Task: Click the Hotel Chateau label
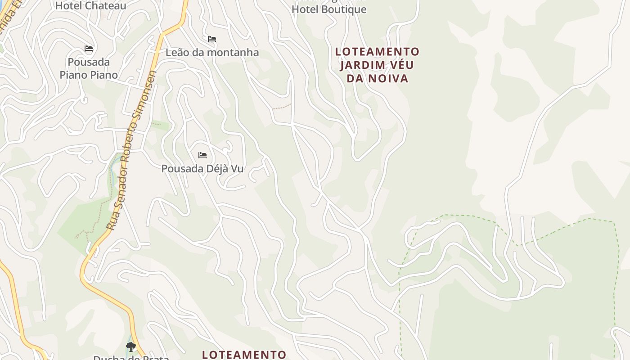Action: [90, 6]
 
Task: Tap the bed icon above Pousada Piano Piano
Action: [89, 49]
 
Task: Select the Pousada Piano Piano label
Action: [89, 68]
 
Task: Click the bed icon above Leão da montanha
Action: [212, 40]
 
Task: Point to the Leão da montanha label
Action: [212, 53]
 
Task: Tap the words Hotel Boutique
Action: [329, 9]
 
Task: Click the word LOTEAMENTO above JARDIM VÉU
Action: [377, 52]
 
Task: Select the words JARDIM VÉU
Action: [377, 65]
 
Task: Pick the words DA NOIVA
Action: [377, 79]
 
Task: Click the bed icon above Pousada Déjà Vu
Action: [202, 156]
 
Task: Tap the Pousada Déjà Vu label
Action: [202, 169]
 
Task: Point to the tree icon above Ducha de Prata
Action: [131, 346]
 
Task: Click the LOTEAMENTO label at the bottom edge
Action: [244, 355]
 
